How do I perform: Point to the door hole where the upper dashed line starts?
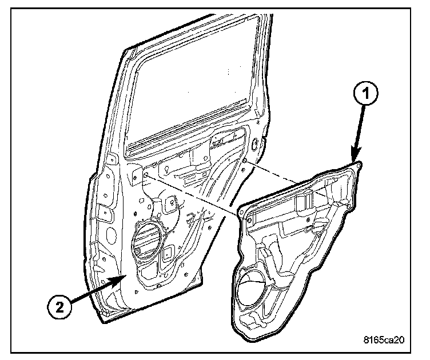(245, 162)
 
